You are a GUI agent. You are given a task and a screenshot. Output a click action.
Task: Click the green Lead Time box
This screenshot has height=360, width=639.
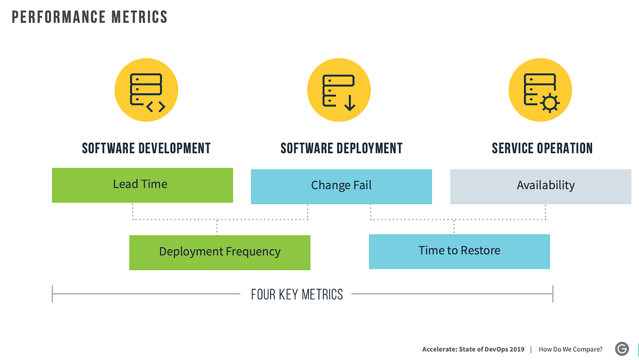click(142, 185)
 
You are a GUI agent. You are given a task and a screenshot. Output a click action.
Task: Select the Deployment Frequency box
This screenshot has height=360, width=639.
click(219, 252)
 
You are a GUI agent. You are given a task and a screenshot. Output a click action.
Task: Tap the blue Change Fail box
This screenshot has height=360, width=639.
click(341, 186)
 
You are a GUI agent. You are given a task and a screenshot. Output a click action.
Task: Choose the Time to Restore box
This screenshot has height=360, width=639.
click(459, 251)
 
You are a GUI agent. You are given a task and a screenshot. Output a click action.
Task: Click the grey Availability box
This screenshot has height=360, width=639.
click(540, 186)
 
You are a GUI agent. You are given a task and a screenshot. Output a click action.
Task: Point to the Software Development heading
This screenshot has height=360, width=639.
click(146, 148)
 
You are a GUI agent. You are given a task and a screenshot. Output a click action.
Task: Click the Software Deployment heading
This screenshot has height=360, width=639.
click(341, 148)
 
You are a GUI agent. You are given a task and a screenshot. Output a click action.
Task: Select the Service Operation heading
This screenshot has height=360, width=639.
click(542, 148)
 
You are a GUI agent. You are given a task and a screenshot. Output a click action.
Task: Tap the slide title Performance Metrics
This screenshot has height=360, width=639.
click(89, 17)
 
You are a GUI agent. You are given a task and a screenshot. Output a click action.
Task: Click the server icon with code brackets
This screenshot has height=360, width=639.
click(146, 90)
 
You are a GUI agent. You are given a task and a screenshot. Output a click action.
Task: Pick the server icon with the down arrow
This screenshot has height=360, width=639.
click(339, 90)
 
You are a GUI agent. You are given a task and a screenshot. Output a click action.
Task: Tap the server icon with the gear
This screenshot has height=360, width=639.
click(540, 90)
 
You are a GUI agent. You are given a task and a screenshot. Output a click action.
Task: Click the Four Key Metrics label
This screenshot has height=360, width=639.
click(297, 294)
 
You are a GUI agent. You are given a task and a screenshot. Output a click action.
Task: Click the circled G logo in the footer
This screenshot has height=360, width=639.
click(621, 349)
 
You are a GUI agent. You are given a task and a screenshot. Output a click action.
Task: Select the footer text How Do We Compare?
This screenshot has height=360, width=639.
click(570, 349)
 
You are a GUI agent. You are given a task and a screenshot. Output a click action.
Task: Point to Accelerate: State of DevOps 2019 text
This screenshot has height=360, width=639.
click(473, 349)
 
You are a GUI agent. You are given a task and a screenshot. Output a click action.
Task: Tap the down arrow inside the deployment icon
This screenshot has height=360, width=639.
click(349, 101)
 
